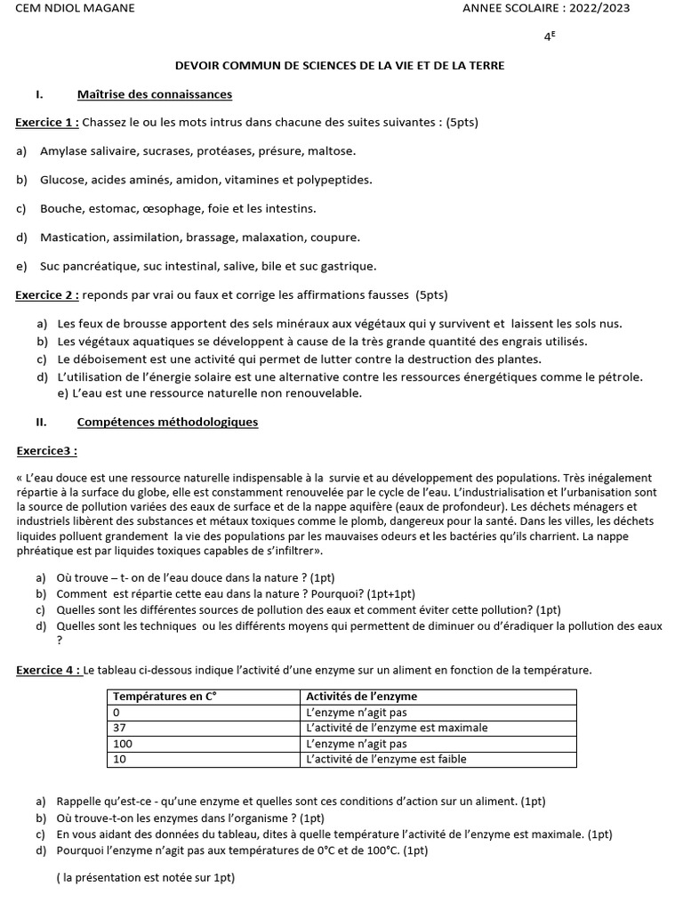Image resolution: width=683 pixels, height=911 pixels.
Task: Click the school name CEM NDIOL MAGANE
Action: click(x=76, y=9)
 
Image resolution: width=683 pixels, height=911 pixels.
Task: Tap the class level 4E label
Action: click(x=550, y=37)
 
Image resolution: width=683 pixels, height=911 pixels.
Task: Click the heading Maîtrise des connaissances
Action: click(x=155, y=94)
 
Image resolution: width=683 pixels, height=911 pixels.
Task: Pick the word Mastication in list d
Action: click(x=74, y=238)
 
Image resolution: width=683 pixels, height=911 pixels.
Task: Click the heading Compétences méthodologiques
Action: click(x=167, y=422)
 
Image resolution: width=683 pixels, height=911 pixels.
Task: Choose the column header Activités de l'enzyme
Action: click(x=361, y=697)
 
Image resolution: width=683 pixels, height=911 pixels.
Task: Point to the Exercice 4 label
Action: click(x=48, y=670)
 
